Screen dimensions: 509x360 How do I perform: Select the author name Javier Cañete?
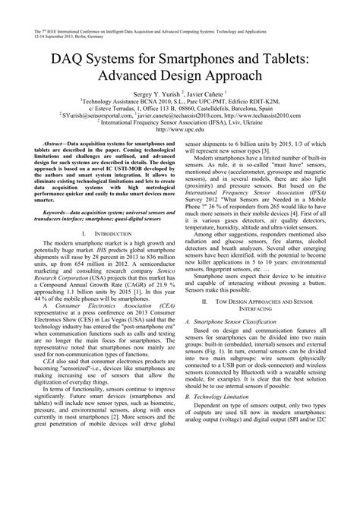click(213, 96)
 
